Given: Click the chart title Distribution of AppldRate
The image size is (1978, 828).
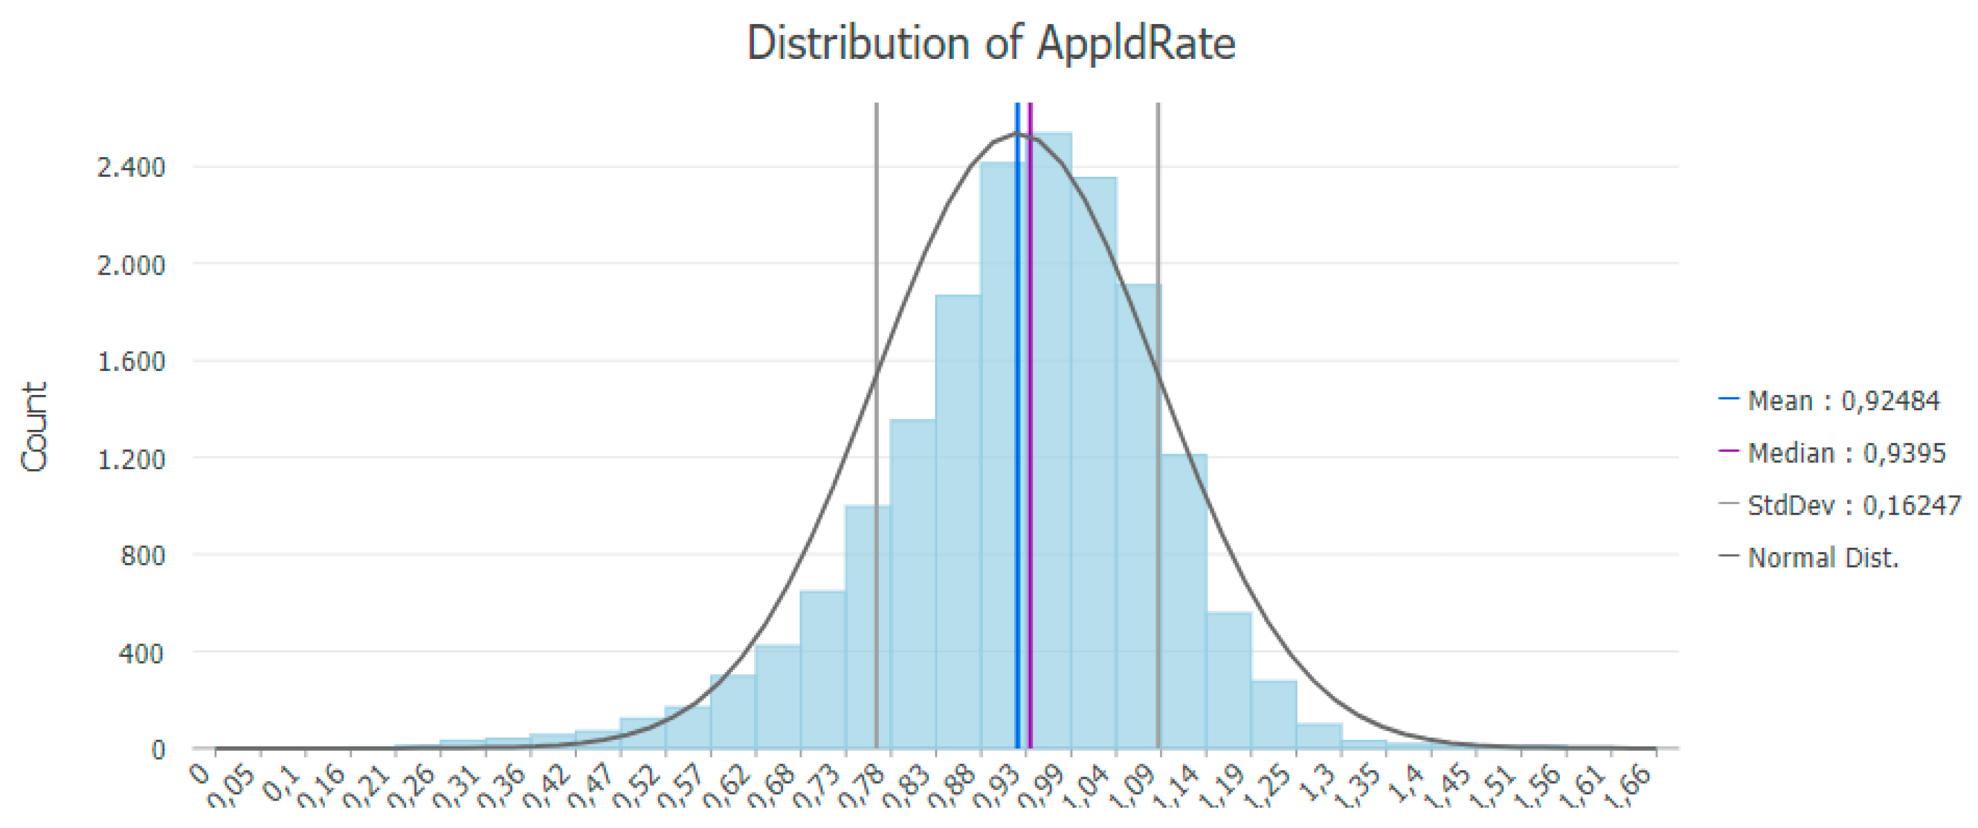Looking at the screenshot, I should click(x=991, y=43).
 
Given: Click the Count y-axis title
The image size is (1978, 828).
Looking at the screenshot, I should click(x=34, y=427).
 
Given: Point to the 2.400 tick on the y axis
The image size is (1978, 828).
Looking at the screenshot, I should click(x=131, y=167).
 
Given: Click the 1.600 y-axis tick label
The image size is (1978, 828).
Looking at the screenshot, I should click(x=131, y=361).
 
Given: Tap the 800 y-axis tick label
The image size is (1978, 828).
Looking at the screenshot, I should click(x=142, y=555).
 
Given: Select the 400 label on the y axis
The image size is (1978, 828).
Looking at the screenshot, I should click(x=142, y=653).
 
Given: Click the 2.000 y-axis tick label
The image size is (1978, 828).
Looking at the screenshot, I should click(x=131, y=265).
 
